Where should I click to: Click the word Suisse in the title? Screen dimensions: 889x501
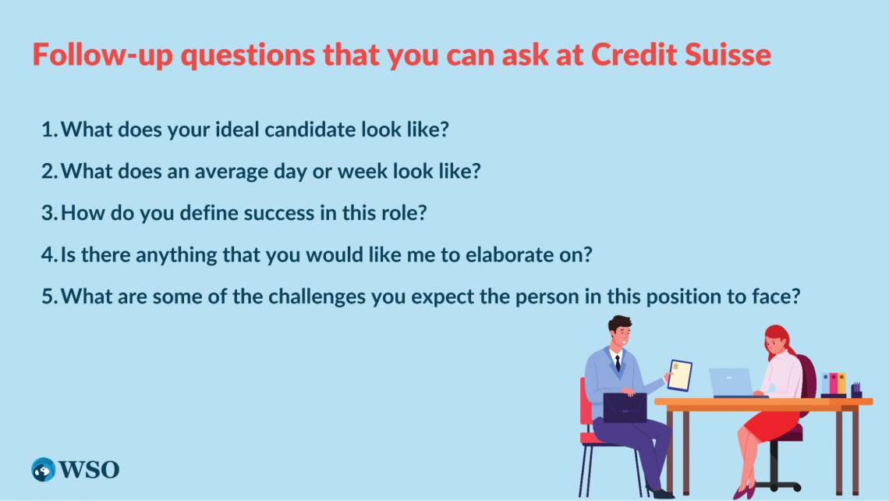pyautogui.click(x=728, y=55)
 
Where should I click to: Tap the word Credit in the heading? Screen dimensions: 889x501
pyautogui.click(x=634, y=55)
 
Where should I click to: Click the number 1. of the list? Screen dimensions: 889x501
pyautogui.click(x=49, y=130)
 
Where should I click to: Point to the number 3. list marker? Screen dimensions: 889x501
pyautogui.click(x=49, y=213)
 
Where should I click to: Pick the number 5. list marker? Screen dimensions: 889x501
pyautogui.click(x=49, y=297)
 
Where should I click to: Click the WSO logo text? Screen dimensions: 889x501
pyautogui.click(x=89, y=470)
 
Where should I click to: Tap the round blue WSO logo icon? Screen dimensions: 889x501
pyautogui.click(x=43, y=470)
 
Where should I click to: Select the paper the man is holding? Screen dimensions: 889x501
pyautogui.click(x=679, y=375)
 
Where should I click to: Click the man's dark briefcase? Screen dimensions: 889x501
pyautogui.click(x=625, y=408)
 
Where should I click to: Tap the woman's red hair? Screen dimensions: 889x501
pyautogui.click(x=777, y=340)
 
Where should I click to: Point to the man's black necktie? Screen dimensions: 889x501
pyautogui.click(x=618, y=363)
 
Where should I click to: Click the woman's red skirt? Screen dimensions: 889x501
pyautogui.click(x=771, y=426)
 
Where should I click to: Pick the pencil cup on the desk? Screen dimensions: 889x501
pyautogui.click(x=856, y=391)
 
